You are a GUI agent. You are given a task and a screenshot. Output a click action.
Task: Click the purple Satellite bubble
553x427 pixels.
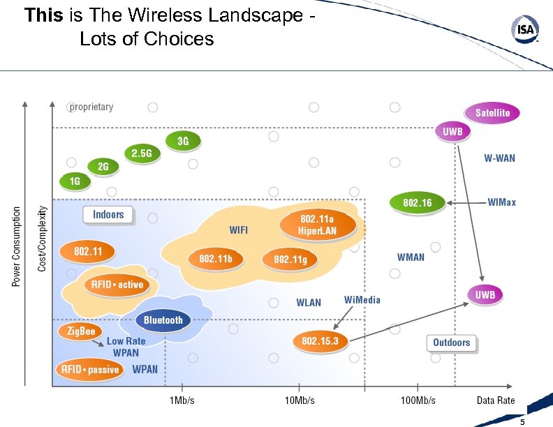point(492,113)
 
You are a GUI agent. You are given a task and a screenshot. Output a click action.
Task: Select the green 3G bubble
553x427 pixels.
point(182,141)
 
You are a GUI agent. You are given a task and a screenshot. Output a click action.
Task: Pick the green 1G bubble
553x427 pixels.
point(75,181)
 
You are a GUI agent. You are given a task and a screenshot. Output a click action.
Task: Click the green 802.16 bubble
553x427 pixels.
point(418,203)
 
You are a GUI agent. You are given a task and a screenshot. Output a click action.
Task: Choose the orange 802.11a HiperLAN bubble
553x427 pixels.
point(318,225)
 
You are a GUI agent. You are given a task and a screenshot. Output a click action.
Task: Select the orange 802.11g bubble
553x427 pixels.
point(290,260)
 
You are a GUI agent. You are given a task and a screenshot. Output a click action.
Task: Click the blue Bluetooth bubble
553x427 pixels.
point(163,320)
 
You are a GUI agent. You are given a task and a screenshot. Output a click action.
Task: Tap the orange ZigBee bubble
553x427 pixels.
point(80,331)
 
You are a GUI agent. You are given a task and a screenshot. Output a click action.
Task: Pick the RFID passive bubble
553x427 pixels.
point(90,369)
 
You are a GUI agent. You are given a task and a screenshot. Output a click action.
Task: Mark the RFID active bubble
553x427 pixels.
point(116,285)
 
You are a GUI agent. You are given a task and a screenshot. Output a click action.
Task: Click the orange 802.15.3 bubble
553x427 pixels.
point(320,340)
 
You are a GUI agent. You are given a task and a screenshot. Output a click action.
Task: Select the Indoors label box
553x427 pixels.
point(108,214)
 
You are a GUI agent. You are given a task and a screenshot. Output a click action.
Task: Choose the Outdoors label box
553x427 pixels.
point(452,343)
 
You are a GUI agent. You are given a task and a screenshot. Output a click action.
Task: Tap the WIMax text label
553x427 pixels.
point(501,202)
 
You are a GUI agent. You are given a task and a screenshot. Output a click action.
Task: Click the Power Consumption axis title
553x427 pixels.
point(17,245)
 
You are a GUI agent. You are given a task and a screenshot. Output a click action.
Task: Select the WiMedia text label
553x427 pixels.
point(362,299)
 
